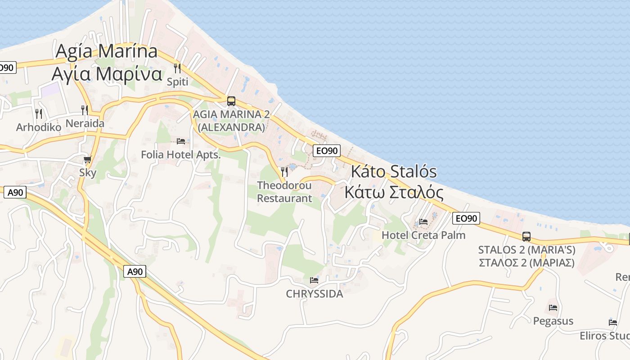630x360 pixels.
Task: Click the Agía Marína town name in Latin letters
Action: (106, 51)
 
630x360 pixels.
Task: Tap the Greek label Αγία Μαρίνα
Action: (106, 73)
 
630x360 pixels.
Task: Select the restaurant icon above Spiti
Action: (177, 68)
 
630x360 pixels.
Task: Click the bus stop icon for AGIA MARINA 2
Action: (231, 101)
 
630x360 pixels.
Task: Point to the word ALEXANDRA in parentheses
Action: (231, 127)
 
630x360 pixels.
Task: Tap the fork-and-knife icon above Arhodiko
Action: (39, 113)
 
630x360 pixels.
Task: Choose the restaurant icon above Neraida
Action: (84, 110)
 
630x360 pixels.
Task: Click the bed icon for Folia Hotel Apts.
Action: (181, 141)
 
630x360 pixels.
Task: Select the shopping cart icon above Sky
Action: (88, 159)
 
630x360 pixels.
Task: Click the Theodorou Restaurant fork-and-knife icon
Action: (284, 171)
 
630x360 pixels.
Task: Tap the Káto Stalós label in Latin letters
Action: (394, 171)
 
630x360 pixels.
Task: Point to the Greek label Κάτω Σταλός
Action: (394, 192)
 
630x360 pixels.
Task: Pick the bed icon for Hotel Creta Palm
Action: (423, 221)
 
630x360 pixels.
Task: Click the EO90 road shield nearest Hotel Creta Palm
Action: (465, 218)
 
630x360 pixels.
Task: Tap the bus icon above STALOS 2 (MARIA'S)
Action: (526, 236)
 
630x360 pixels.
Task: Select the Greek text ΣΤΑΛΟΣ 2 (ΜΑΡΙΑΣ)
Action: (526, 263)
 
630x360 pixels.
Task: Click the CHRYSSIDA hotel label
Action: (315, 294)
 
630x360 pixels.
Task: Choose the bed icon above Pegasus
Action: (553, 308)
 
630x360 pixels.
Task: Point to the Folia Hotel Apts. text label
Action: (181, 155)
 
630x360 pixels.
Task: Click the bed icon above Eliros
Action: (613, 322)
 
